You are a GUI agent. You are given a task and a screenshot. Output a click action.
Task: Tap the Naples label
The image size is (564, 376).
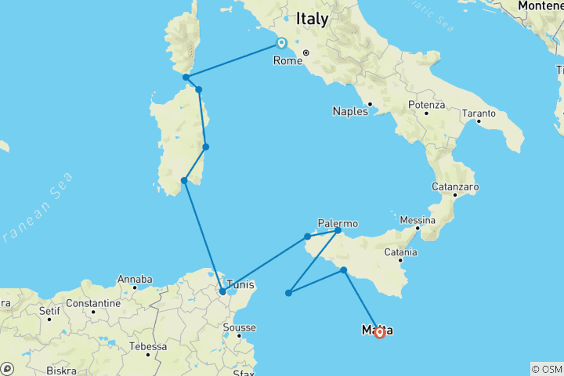point(349,111)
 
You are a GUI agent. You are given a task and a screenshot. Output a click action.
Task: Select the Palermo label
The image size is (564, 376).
point(338,222)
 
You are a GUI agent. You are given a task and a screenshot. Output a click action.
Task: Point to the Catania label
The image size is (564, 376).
point(400,252)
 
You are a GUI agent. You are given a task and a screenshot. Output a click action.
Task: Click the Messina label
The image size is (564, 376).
point(418,220)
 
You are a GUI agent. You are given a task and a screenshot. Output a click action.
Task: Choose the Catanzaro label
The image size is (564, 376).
point(455,187)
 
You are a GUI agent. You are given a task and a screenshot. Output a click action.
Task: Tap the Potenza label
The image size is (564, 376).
point(426,104)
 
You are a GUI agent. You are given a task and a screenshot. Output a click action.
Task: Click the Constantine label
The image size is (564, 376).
point(92,303)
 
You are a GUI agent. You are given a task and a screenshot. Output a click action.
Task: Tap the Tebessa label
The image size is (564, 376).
point(148,345)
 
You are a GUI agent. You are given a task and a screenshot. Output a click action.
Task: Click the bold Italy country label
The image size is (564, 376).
point(312,19)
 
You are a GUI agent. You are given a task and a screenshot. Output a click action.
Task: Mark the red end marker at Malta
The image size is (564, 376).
point(379,332)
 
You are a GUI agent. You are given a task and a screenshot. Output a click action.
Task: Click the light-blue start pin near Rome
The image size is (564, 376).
point(281,43)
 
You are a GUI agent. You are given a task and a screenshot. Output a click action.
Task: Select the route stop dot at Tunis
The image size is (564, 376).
point(222,292)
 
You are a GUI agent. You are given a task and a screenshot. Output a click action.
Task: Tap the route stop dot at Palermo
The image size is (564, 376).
point(338,230)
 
